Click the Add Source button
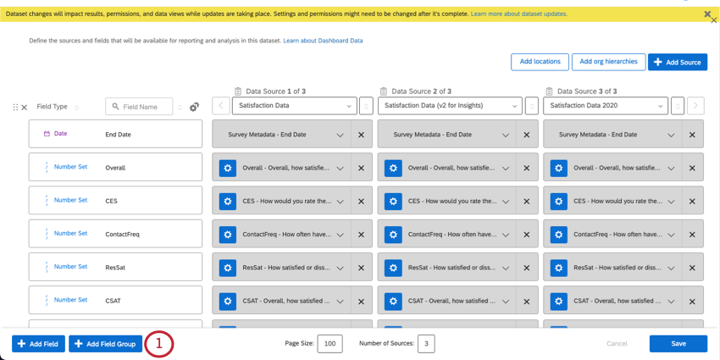678,62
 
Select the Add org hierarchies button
608,62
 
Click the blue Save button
678,343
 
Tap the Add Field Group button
105,344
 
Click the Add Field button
38,344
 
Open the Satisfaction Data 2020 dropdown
605,106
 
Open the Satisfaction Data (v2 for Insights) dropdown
450,106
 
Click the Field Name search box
139,107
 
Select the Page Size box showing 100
330,344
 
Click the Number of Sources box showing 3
426,344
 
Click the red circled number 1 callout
159,344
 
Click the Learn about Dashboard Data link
323,41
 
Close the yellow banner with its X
707,14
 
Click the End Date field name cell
118,134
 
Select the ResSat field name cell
115,267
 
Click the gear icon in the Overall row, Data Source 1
228,168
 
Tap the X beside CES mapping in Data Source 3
692,202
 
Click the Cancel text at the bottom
617,344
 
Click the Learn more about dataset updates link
518,14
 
